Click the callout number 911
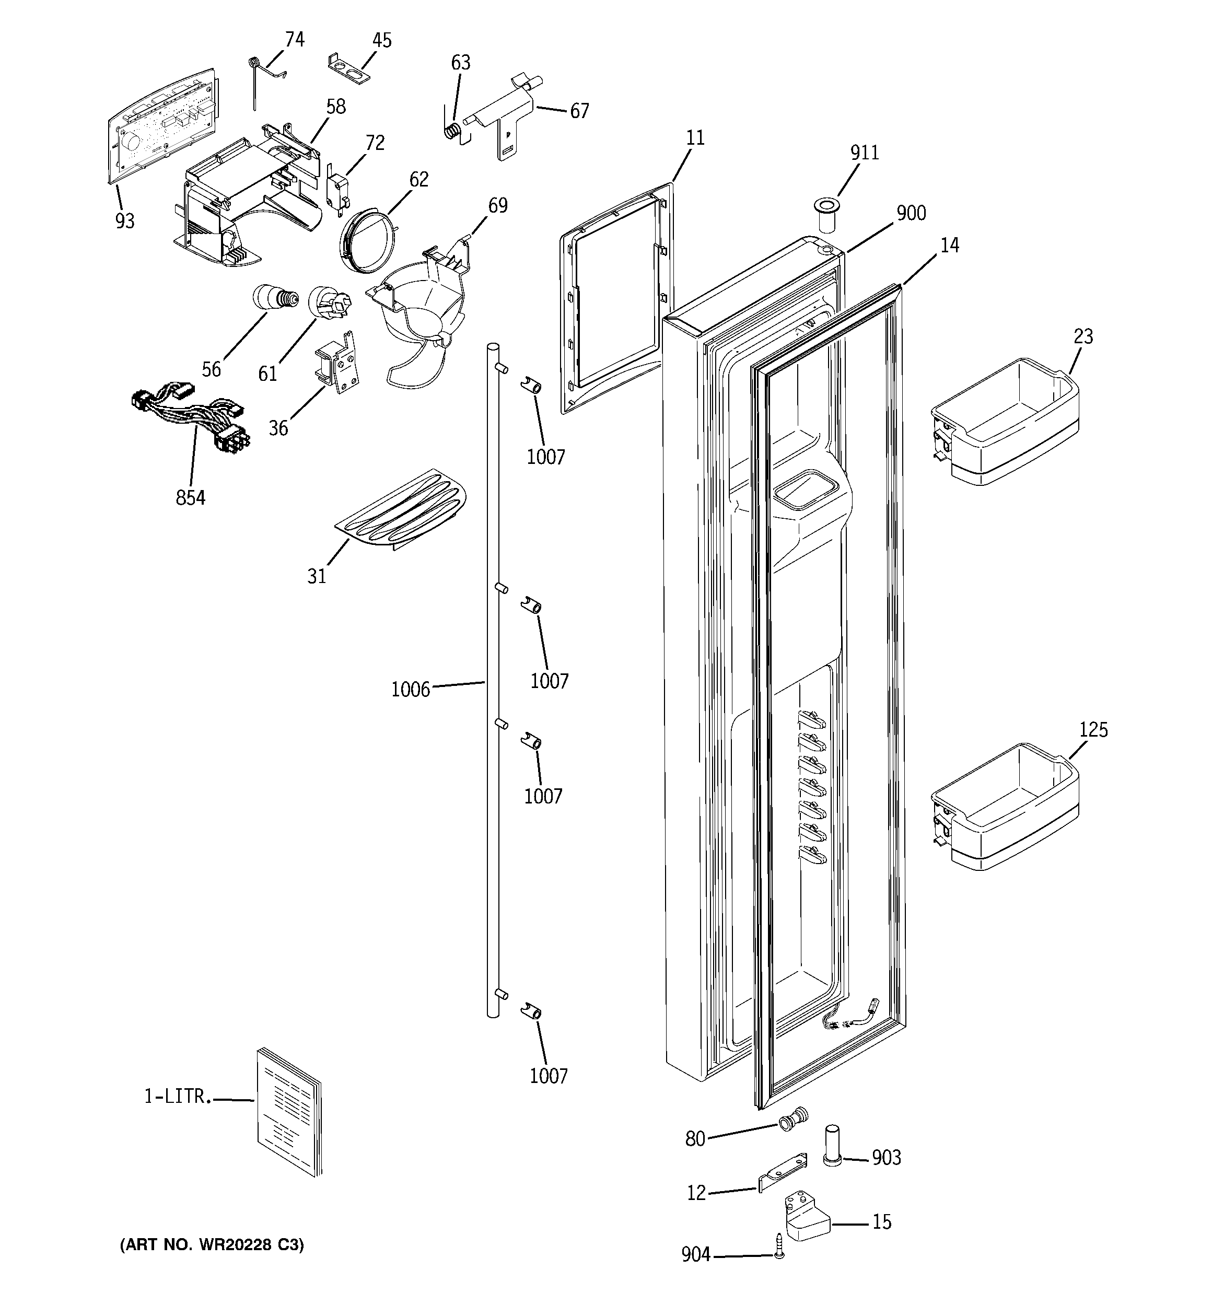[x=865, y=153]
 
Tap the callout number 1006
[x=411, y=690]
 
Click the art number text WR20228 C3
[x=212, y=1245]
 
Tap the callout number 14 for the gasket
[x=949, y=246]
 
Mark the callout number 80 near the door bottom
[x=695, y=1138]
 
